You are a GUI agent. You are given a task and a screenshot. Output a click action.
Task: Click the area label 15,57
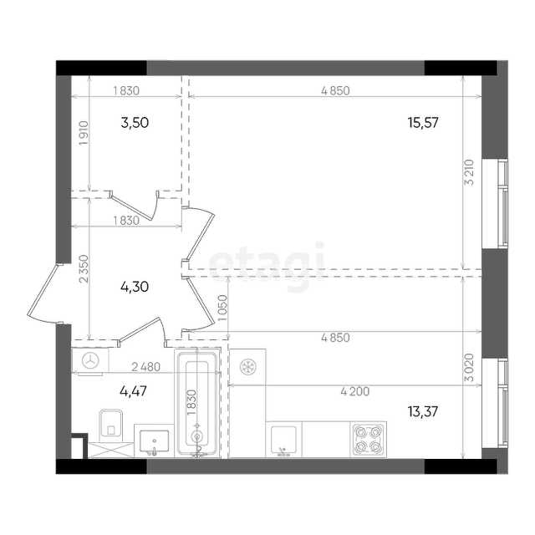pyautogui.click(x=423, y=123)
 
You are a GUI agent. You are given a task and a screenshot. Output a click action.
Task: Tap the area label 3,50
pyautogui.click(x=135, y=123)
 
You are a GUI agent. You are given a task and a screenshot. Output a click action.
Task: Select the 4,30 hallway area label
pyautogui.click(x=135, y=287)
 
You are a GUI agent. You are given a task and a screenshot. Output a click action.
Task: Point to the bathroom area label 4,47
pyautogui.click(x=134, y=391)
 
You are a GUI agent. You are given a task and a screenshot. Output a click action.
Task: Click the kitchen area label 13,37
pyautogui.click(x=423, y=412)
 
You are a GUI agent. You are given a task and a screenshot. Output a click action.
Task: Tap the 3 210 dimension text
pyautogui.click(x=470, y=172)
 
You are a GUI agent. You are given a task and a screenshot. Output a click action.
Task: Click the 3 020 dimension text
pyautogui.click(x=470, y=368)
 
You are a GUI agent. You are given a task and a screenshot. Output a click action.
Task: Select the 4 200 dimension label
pyautogui.click(x=354, y=391)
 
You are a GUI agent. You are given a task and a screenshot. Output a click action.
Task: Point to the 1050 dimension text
pyautogui.click(x=222, y=308)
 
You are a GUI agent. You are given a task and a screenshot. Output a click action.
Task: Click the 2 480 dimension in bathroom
pyautogui.click(x=145, y=367)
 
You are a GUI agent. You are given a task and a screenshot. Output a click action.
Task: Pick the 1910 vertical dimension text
pyautogui.click(x=84, y=133)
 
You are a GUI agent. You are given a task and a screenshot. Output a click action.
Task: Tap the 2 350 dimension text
pyautogui.click(x=84, y=269)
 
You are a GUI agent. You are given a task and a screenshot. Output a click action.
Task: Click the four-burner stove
pyautogui.click(x=368, y=440)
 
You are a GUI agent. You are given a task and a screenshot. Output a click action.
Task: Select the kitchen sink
pyautogui.click(x=283, y=440)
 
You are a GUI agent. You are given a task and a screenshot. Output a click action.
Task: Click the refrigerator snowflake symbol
pyautogui.click(x=248, y=367)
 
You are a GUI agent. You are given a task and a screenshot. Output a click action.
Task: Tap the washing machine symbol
pyautogui.click(x=91, y=360)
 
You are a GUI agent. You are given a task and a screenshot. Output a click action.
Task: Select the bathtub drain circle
pyautogui.click(x=197, y=436)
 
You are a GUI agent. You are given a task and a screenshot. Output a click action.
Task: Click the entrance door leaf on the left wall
pyautogui.click(x=42, y=290)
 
